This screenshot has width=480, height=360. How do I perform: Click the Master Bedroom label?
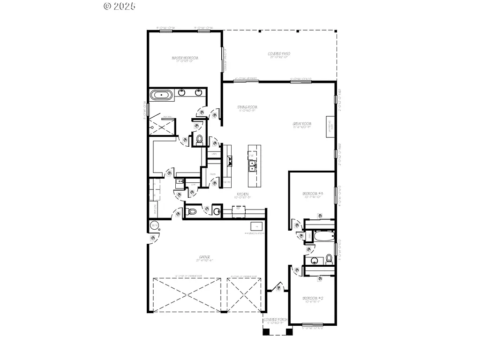185,58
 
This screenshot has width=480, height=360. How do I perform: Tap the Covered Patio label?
279,54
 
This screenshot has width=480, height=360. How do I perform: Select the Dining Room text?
247,107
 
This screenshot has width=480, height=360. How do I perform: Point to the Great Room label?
302,124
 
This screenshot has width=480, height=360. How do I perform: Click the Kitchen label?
242,194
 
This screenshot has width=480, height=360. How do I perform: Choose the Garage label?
204,257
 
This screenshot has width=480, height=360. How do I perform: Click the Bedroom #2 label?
313,299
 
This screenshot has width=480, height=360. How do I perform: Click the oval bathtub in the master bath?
161,96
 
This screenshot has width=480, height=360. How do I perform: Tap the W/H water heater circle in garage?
154,226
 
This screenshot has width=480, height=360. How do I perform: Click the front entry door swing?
279,287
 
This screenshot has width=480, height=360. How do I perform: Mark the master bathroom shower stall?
161,125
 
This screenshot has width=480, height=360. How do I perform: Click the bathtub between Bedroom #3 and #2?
323,235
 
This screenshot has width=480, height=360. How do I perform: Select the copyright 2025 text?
119,6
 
